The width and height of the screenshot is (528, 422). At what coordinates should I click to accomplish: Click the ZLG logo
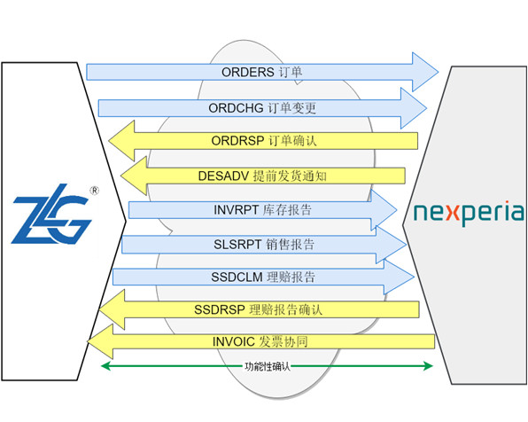pyautogui.click(x=51, y=214)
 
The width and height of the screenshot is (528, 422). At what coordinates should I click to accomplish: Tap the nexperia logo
pyautogui.click(x=469, y=213)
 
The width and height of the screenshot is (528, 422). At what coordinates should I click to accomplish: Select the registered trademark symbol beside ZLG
pyautogui.click(x=95, y=191)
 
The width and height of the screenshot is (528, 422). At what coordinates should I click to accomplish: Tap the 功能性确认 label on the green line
pyautogui.click(x=267, y=366)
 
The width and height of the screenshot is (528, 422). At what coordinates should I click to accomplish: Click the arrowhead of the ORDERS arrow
pyautogui.click(x=425, y=72)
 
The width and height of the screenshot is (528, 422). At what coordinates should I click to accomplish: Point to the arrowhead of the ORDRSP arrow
pyautogui.click(x=121, y=141)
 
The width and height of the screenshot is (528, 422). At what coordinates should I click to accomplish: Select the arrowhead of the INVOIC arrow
pyautogui.click(x=100, y=342)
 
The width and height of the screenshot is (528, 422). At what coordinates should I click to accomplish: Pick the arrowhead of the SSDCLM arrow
pyautogui.click(x=399, y=277)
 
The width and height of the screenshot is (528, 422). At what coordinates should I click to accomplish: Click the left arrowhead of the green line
pyautogui.click(x=105, y=366)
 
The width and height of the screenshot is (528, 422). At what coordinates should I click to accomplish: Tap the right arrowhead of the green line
pyautogui.click(x=428, y=366)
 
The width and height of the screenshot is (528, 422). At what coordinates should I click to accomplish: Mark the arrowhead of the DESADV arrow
pyautogui.click(x=134, y=176)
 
